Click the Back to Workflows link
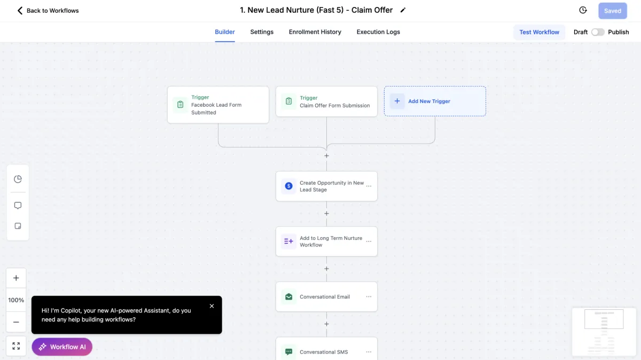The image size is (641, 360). (x=48, y=11)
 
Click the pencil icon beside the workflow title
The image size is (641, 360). (x=403, y=10)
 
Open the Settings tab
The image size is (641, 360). (x=262, y=32)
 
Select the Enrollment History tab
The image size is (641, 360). (x=315, y=32)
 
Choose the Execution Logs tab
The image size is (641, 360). (x=378, y=32)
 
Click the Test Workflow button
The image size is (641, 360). (x=539, y=32)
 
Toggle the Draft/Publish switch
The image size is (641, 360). (x=598, y=32)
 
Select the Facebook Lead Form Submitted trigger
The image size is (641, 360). (x=218, y=105)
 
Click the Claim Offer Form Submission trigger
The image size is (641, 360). (x=326, y=101)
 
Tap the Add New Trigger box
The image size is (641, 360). (x=435, y=101)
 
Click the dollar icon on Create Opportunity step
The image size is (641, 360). (x=289, y=186)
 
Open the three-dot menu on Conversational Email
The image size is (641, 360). (x=369, y=297)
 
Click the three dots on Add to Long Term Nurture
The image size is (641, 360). (x=369, y=241)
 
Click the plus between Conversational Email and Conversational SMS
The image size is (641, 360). (x=326, y=324)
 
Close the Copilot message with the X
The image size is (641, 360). (x=212, y=306)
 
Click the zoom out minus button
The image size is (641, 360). (x=16, y=322)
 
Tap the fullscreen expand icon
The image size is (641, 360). (x=16, y=346)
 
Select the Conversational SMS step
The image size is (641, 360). (x=326, y=349)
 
